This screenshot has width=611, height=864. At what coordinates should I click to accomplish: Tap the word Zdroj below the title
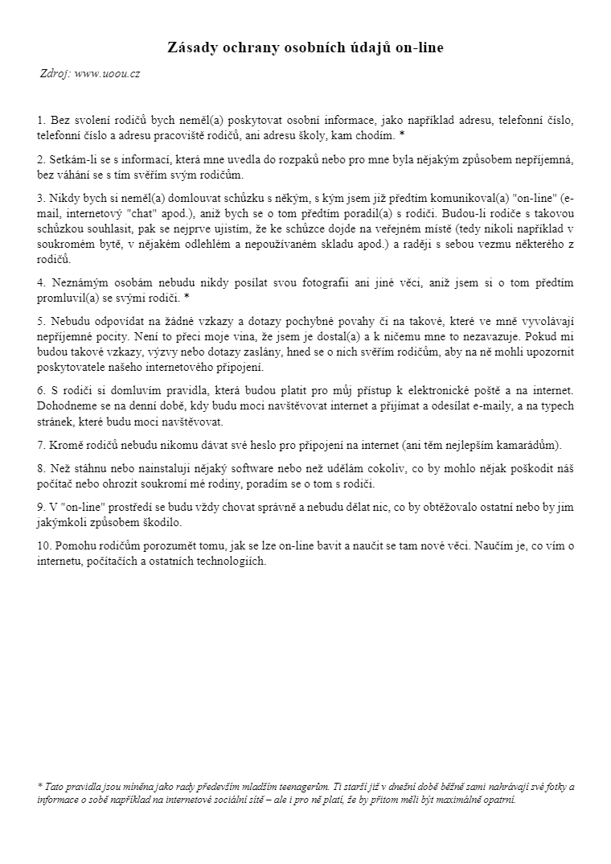(55, 73)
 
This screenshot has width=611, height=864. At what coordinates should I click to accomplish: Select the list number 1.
(41, 120)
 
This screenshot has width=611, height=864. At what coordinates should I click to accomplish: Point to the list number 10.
(44, 546)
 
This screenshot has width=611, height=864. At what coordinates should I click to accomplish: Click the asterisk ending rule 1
(402, 134)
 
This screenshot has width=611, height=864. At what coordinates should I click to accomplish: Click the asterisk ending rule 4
(187, 298)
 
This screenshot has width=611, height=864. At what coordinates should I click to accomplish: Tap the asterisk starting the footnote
(39, 787)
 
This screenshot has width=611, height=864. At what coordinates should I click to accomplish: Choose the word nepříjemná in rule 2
(543, 158)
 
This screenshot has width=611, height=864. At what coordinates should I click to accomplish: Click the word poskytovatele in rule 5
(72, 368)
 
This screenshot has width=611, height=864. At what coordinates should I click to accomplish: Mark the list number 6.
(41, 391)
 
